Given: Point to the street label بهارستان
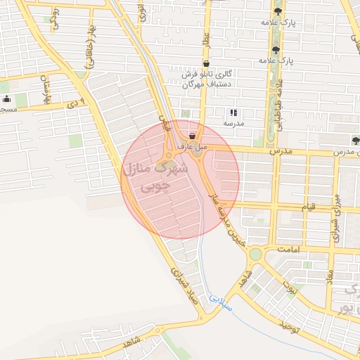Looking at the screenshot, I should point(47,89).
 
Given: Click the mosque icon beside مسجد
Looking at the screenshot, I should point(6,99).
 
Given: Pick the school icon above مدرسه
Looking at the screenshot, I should point(233,112).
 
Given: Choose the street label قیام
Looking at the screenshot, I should point(310,209).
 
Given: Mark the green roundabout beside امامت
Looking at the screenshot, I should point(255,253).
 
